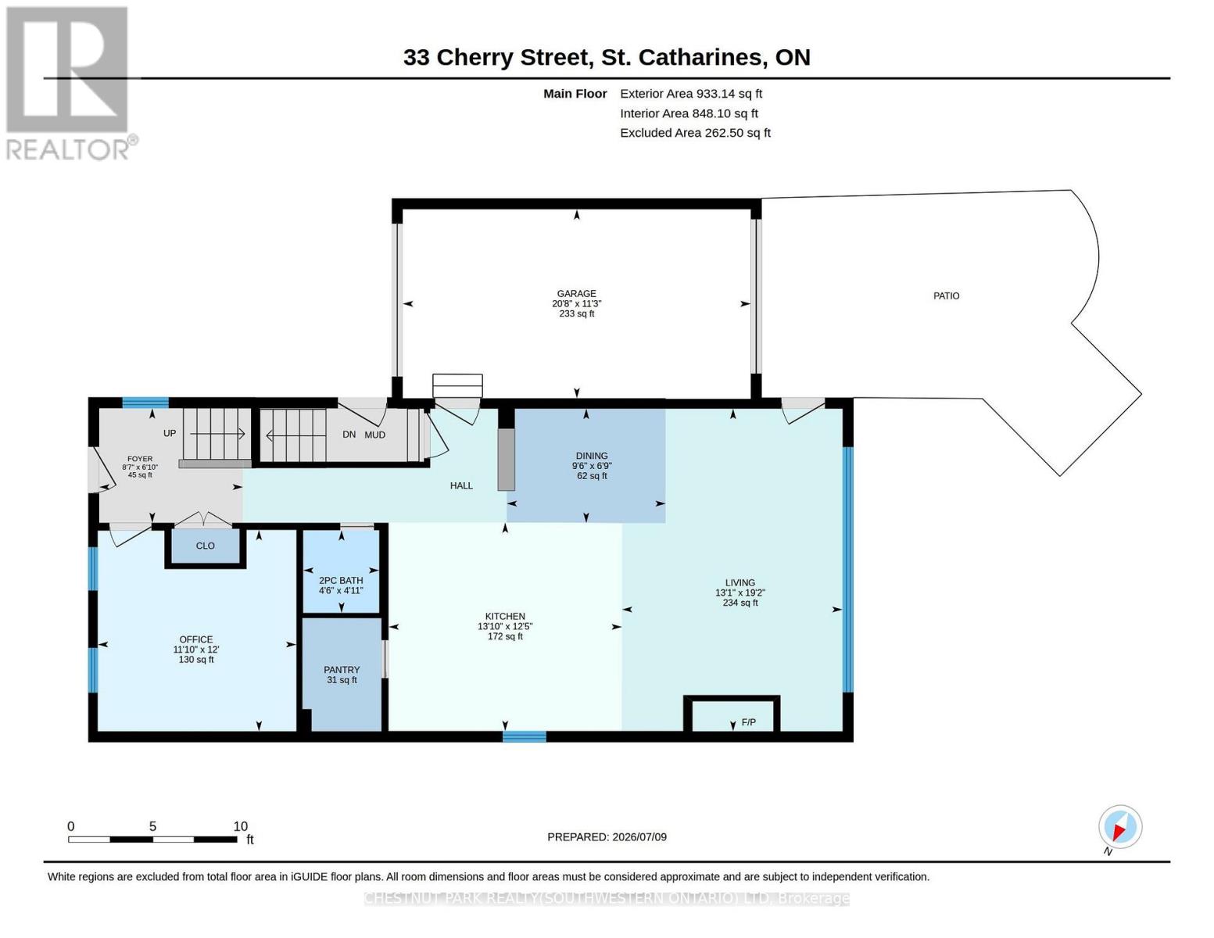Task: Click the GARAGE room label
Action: [x=576, y=293]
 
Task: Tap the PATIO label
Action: [x=946, y=295]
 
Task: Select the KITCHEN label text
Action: [x=505, y=616]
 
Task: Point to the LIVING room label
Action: [x=740, y=582]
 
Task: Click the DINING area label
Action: [x=592, y=456]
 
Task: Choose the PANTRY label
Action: [x=342, y=670]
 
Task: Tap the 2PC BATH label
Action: [x=341, y=581]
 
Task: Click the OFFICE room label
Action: [x=195, y=639]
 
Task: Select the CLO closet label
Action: [x=205, y=546]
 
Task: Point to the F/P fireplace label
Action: [x=748, y=722]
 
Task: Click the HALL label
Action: [x=461, y=485]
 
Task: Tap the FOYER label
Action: [x=140, y=459]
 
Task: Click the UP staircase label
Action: [x=170, y=434]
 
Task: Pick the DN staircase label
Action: [x=349, y=434]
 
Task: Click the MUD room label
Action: [x=375, y=435]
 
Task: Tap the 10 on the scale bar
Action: [x=240, y=826]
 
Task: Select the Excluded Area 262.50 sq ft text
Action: [x=695, y=133]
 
